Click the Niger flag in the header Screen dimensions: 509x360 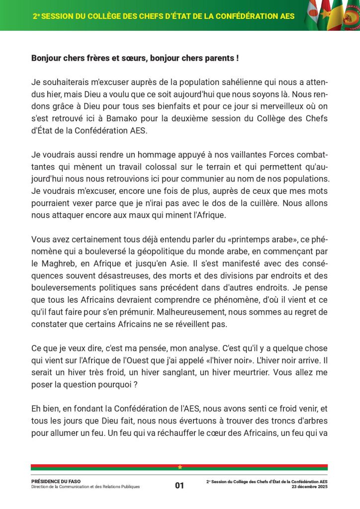click(x=313, y=12)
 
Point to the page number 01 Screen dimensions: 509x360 click(x=180, y=486)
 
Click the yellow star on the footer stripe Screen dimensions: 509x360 click(x=180, y=467)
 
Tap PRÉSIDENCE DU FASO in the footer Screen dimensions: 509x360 click(x=56, y=481)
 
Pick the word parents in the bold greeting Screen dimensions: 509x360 click(x=219, y=58)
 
